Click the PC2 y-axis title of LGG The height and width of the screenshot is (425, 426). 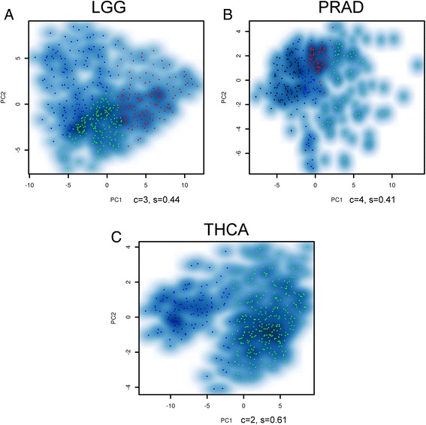(5, 98)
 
